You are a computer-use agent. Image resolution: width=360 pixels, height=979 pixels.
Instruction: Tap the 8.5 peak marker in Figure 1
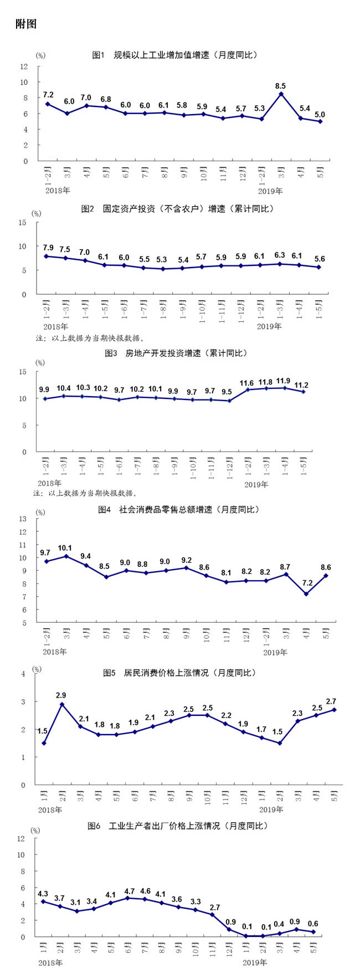(281, 94)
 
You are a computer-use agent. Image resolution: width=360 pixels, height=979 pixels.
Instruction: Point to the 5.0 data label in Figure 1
(320, 114)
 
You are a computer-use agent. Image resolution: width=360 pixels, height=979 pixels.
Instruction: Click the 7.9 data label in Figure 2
(48, 247)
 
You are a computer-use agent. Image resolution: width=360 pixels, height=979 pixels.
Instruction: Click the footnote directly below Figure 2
(89, 337)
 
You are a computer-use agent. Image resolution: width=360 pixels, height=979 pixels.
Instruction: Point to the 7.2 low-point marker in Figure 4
(306, 594)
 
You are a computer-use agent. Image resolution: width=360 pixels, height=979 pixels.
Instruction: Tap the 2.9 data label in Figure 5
(61, 695)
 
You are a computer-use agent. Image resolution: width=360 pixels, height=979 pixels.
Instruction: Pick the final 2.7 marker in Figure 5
(335, 710)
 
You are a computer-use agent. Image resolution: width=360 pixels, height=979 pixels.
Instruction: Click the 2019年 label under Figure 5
(271, 809)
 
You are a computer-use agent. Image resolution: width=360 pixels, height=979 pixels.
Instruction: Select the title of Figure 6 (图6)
(177, 826)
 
